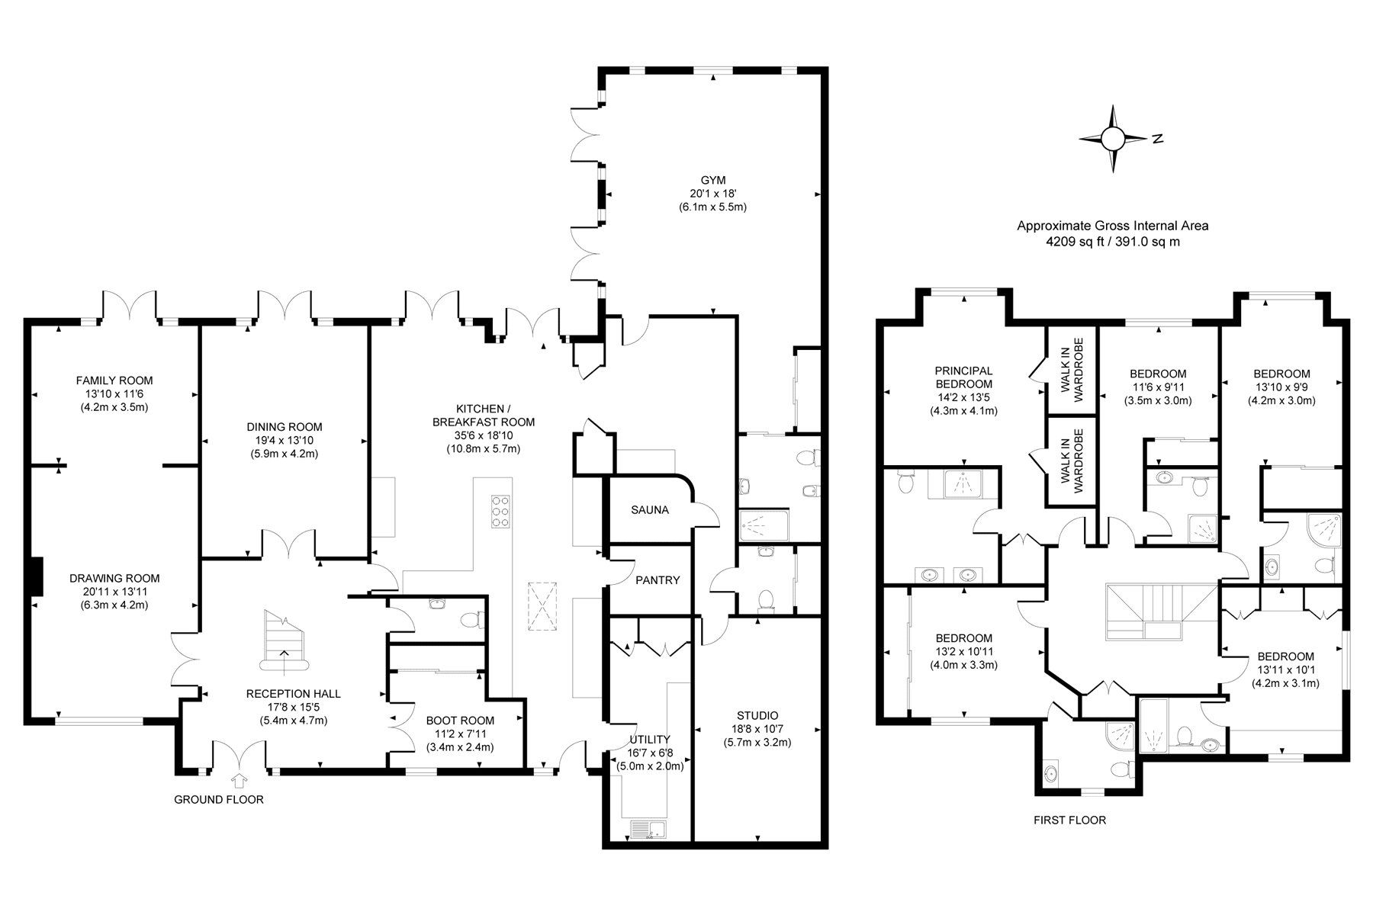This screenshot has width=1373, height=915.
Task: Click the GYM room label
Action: point(712,180)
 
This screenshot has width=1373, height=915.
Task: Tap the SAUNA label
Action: point(649,509)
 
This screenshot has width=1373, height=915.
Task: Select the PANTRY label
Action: point(657,579)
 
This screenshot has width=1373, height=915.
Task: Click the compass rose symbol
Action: point(1113,139)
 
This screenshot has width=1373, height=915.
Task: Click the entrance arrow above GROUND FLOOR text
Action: point(240,780)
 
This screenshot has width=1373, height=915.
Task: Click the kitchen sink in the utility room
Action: point(648,830)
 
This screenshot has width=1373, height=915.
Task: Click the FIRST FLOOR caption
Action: point(1069,820)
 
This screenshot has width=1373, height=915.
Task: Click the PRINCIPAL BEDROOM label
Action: point(963,377)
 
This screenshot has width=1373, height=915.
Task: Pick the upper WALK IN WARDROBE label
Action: point(1072,371)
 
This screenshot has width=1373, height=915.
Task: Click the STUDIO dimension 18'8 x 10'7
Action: point(757,728)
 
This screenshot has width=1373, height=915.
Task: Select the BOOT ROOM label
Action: point(460,720)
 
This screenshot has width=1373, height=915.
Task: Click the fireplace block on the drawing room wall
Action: point(35,576)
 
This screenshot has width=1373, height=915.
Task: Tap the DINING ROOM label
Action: point(284,426)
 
